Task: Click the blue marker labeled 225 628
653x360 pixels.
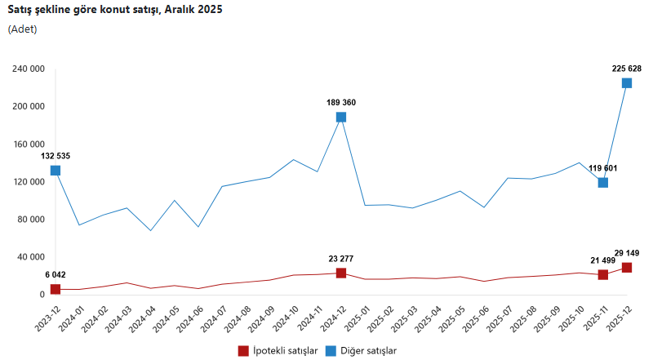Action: (627, 83)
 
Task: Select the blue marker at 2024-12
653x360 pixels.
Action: (341, 118)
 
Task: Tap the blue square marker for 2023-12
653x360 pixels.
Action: (56, 171)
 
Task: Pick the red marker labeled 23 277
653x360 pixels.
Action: (341, 273)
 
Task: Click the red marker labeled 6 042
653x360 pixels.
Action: (56, 289)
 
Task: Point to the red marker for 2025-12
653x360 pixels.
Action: (627, 268)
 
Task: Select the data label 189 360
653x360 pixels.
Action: (341, 103)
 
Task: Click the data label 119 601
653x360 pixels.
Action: (603, 168)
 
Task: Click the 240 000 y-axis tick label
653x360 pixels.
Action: (28, 69)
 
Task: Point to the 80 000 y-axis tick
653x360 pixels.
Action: (30, 220)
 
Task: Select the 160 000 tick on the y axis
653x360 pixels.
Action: (28, 144)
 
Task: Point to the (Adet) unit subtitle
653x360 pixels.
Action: (22, 29)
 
